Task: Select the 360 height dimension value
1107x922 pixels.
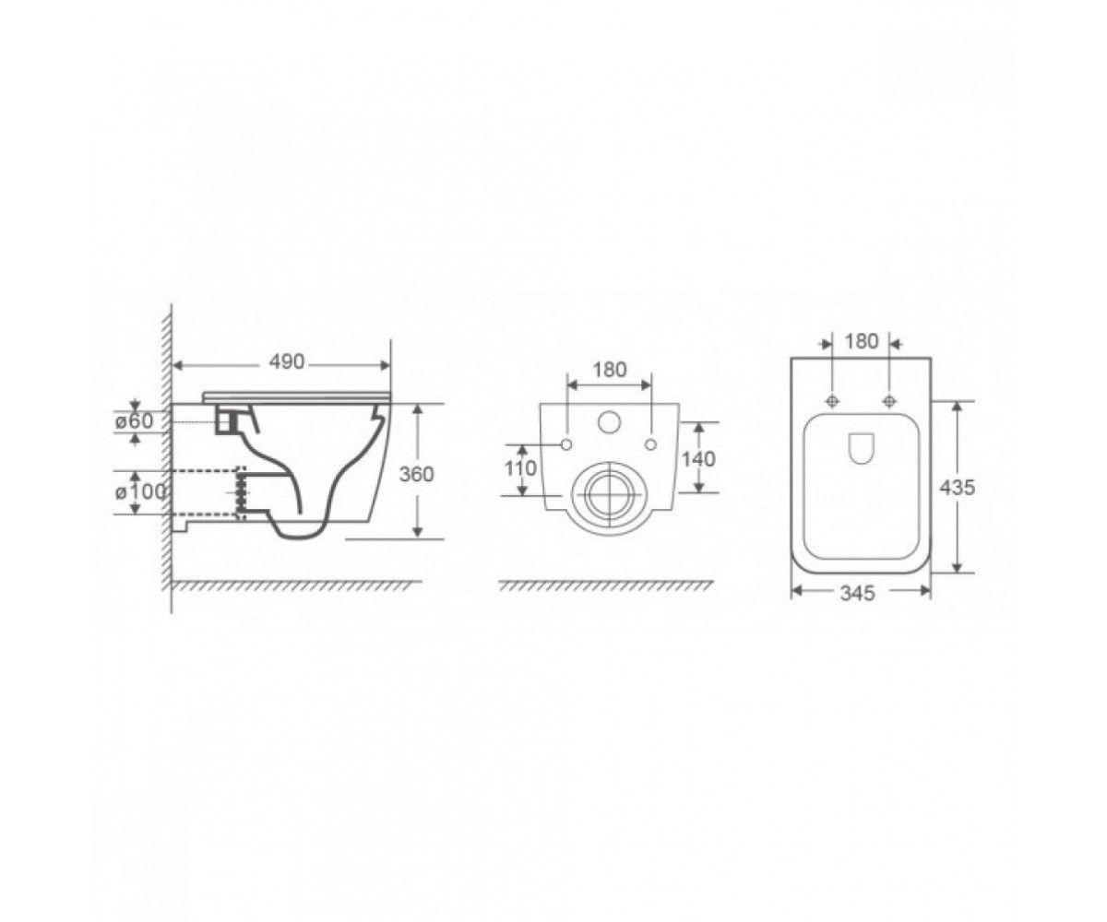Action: (417, 474)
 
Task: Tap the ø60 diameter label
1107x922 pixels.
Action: (134, 421)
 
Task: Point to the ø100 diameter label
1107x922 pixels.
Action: (140, 492)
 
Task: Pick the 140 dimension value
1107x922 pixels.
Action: (698, 459)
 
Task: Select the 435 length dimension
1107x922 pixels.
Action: (957, 488)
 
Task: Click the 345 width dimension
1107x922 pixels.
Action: (857, 594)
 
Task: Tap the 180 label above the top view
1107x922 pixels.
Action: (861, 342)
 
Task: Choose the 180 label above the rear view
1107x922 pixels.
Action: (610, 370)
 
